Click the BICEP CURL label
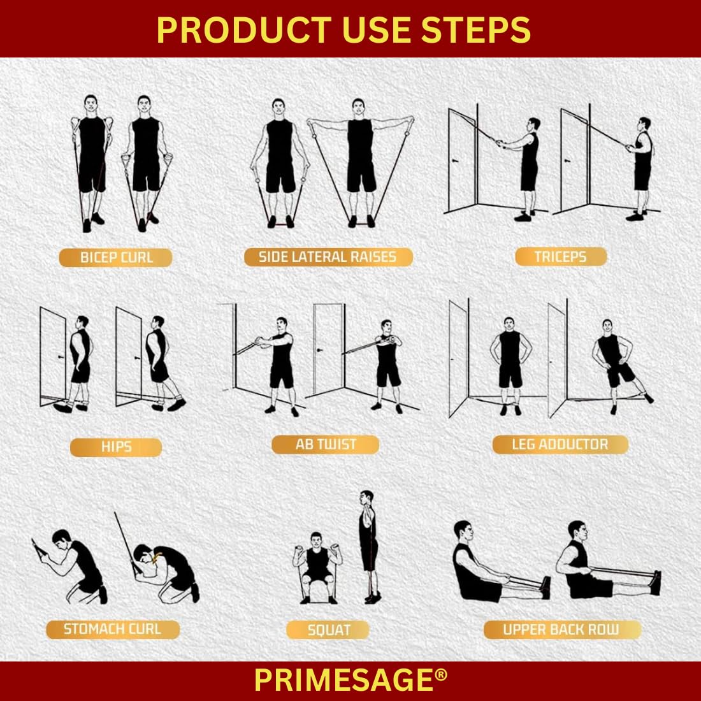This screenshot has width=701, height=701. tap(116, 257)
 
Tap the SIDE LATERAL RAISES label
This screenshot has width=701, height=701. tap(328, 257)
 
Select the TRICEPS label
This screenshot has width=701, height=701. tap(561, 257)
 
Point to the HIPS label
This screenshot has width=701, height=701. tap(116, 447)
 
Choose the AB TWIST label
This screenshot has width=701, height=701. tap(326, 444)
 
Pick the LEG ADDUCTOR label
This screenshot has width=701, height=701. tap(560, 444)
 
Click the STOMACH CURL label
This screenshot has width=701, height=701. tap(113, 630)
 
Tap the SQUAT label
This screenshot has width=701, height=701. tap(328, 630)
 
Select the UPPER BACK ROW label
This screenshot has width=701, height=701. tap(561, 630)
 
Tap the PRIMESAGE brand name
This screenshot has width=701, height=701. tap(343, 681)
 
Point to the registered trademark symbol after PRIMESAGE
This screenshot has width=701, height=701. tap(441, 675)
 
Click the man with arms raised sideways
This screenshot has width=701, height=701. tap(360, 161)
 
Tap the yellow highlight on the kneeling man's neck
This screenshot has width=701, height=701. tap(157, 558)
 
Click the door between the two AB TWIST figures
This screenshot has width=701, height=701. tap(329, 348)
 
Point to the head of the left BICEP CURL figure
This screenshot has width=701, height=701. tap(90, 105)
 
